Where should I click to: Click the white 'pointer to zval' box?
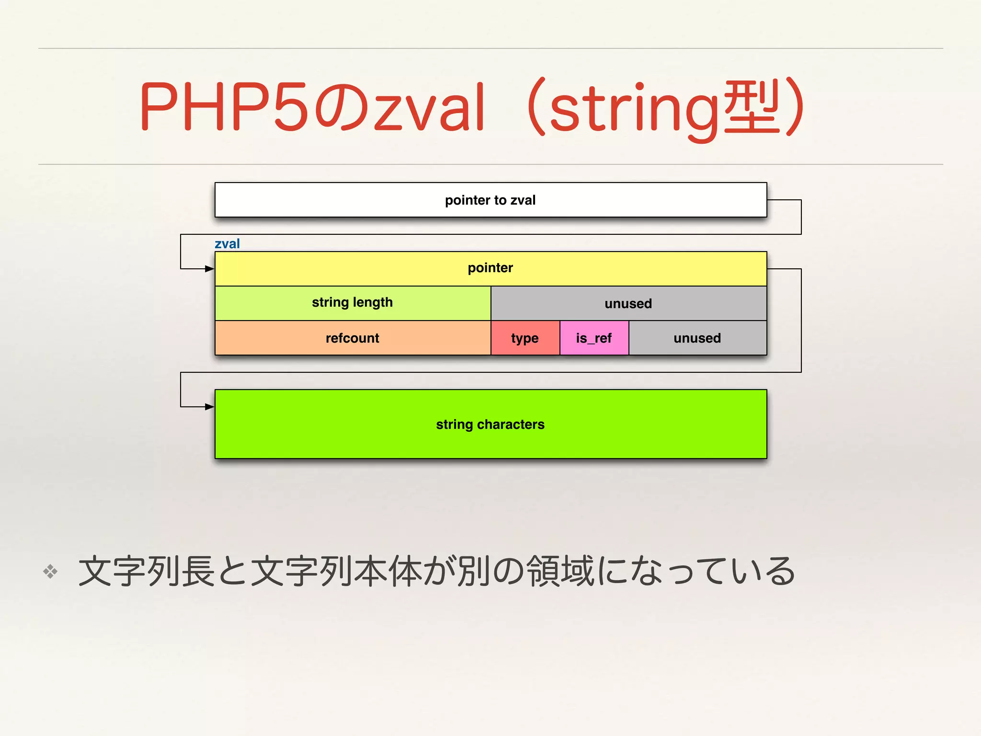point(490,200)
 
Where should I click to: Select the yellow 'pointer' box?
point(490,268)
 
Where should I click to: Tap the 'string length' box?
point(353,303)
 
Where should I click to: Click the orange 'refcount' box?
point(353,338)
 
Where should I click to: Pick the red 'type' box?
point(525,338)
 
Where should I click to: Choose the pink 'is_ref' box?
point(594,338)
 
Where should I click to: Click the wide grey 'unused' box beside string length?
point(628,303)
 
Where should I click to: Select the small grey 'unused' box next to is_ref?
point(697,338)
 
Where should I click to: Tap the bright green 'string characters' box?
point(490,424)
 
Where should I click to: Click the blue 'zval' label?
point(227,244)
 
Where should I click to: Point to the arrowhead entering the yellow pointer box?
point(210,269)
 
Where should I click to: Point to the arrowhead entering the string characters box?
point(210,407)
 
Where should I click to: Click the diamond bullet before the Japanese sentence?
point(50,571)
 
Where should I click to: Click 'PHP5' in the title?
point(224,106)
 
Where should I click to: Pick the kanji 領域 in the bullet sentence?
point(560,571)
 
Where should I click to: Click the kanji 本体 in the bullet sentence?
point(388,571)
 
